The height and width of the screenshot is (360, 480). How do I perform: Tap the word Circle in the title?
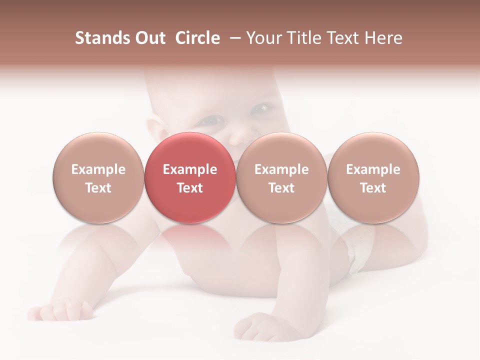coord(197,38)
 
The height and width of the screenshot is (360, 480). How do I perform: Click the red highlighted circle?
coord(189,177)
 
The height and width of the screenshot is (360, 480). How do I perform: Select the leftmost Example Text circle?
coord(98,177)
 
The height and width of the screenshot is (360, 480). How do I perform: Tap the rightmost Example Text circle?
coord(373,177)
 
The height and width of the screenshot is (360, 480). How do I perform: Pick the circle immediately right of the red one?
coord(281,177)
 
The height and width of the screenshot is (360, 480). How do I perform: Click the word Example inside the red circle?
coord(189,169)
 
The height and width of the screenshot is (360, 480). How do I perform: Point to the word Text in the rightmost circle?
coord(373,188)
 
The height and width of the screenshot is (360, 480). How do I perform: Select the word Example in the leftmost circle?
coord(98,169)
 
